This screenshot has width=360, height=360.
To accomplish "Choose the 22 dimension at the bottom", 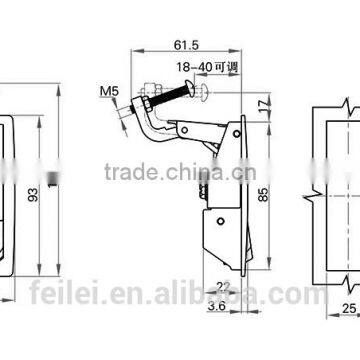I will (224, 284).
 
